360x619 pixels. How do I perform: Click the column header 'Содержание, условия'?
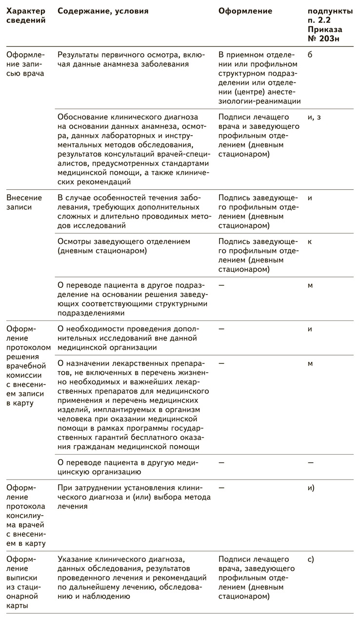click(x=103, y=11)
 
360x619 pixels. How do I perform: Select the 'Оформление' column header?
click(x=245, y=11)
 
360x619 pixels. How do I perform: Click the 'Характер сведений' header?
click(x=25, y=16)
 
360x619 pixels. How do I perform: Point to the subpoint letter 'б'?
click(x=310, y=55)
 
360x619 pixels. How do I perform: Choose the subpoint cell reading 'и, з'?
click(x=314, y=117)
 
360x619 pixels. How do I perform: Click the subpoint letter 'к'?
click(x=310, y=241)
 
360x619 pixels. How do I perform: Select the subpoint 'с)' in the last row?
click(x=311, y=559)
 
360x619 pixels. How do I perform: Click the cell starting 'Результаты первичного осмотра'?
click(x=131, y=59)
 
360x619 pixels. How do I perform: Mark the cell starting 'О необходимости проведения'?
click(x=128, y=338)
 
